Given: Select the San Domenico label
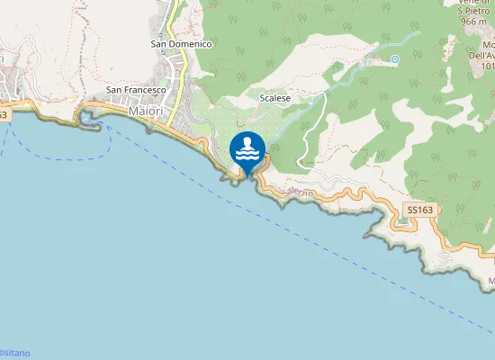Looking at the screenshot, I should tap(181, 43).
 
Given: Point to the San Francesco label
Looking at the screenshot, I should tap(137, 90).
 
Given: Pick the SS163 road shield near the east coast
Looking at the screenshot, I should tap(419, 210).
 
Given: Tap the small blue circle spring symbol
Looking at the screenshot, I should tap(394, 59).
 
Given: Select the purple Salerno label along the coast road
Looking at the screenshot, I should tap(297, 193).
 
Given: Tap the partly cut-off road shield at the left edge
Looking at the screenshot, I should tap(4, 114).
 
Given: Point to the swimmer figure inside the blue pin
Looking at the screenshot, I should tap(247, 143).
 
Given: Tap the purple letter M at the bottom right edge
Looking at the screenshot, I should tap(491, 282).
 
